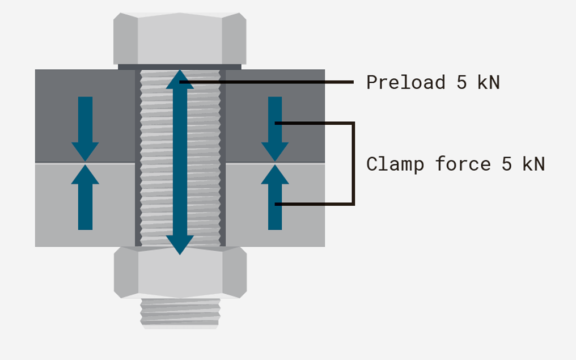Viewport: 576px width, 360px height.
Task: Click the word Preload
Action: click(405, 82)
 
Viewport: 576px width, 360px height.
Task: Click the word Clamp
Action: click(395, 164)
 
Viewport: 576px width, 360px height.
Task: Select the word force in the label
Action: click(463, 164)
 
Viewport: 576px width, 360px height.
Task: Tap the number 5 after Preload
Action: click(461, 82)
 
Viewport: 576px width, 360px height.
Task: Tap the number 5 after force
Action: click(507, 164)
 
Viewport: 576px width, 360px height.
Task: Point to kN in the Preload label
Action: click(489, 82)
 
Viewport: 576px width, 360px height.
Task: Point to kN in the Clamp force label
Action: click(533, 164)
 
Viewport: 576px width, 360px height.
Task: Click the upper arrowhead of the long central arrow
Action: click(180, 80)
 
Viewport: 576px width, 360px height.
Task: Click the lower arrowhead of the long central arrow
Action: click(180, 245)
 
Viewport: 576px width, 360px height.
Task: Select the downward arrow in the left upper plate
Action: click(85, 129)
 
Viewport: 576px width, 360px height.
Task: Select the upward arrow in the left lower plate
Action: click(85, 197)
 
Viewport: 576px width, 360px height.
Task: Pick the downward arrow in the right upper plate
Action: click(275, 129)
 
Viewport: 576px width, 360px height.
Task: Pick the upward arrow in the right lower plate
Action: click(275, 197)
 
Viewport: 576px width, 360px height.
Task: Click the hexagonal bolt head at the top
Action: click(180, 39)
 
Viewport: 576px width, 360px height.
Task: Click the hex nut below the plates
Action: click(180, 272)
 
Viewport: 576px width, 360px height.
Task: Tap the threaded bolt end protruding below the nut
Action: click(180, 313)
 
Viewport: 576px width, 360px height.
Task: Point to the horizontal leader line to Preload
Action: click(266, 82)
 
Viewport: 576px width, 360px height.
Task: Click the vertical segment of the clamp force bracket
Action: click(353, 163)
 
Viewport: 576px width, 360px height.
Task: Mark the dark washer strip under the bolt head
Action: click(180, 67)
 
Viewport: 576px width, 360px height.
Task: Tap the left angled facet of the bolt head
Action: click(126, 39)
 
